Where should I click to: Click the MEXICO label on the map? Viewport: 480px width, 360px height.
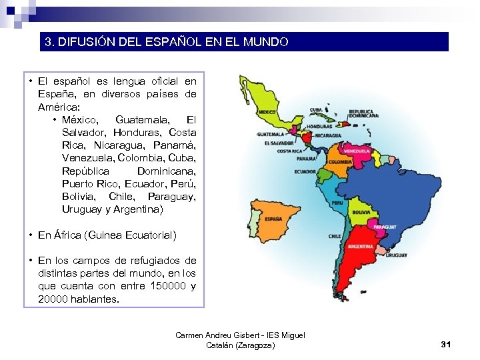click(x=268, y=112)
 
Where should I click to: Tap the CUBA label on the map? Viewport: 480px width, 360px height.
click(x=315, y=110)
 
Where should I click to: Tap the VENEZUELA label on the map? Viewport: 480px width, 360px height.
click(x=355, y=151)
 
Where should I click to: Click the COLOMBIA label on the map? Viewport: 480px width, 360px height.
click(x=340, y=162)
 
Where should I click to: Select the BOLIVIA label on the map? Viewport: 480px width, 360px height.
click(x=361, y=212)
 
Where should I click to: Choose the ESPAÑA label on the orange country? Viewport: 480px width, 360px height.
click(x=273, y=219)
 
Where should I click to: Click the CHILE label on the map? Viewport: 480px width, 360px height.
click(x=335, y=236)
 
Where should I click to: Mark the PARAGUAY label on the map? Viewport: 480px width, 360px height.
click(x=385, y=227)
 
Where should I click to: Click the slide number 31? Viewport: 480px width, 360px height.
click(x=446, y=344)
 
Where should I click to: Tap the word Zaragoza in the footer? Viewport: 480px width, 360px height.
click(x=252, y=345)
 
